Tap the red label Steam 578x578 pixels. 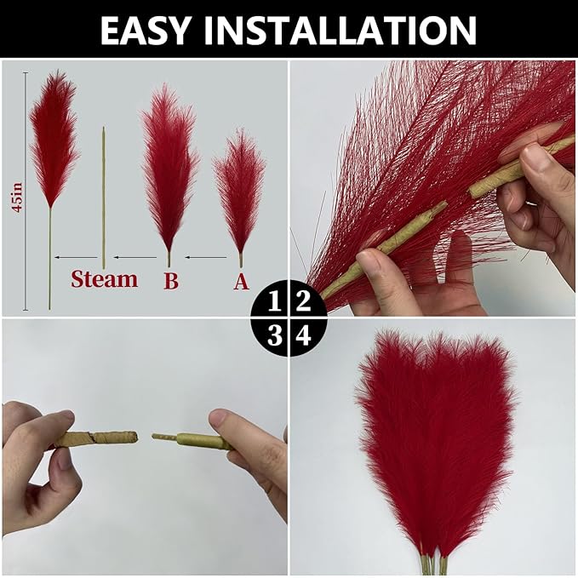point(104,279)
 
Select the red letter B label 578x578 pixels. point(171,281)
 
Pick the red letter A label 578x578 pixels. point(241,281)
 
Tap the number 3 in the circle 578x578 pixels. point(274,335)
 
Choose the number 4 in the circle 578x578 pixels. point(303,335)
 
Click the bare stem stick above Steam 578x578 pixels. point(104,196)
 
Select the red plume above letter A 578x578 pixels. point(239,192)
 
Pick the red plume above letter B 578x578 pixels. point(169,166)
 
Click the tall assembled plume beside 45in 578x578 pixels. point(53,140)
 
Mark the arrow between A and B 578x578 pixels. point(205,256)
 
